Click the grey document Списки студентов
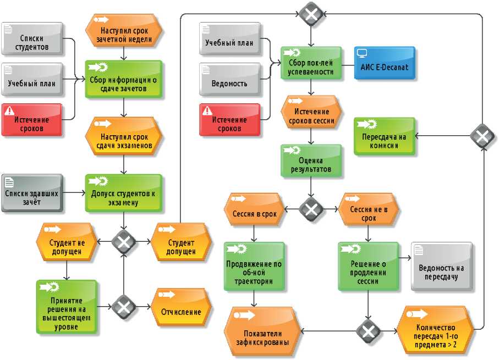click(x=31, y=42)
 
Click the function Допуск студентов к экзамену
click(x=124, y=193)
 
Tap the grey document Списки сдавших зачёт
click(x=31, y=194)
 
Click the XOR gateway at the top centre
click(x=312, y=13)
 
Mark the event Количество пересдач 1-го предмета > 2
click(x=436, y=331)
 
